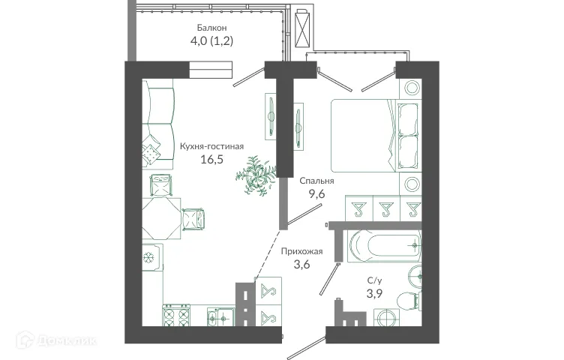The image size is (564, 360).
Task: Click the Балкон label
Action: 211,28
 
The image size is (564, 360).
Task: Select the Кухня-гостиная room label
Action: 212,147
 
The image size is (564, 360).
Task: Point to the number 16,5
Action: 212,160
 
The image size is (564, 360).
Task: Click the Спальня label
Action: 316,181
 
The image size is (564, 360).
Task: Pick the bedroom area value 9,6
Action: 316,194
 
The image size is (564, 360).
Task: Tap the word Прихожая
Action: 301,251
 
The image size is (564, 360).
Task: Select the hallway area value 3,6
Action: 301,265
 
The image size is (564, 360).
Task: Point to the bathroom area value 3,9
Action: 372,293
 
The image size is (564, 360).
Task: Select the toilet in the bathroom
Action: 406,301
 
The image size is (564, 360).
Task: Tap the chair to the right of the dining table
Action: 193,217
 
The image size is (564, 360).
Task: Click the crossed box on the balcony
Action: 304,29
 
